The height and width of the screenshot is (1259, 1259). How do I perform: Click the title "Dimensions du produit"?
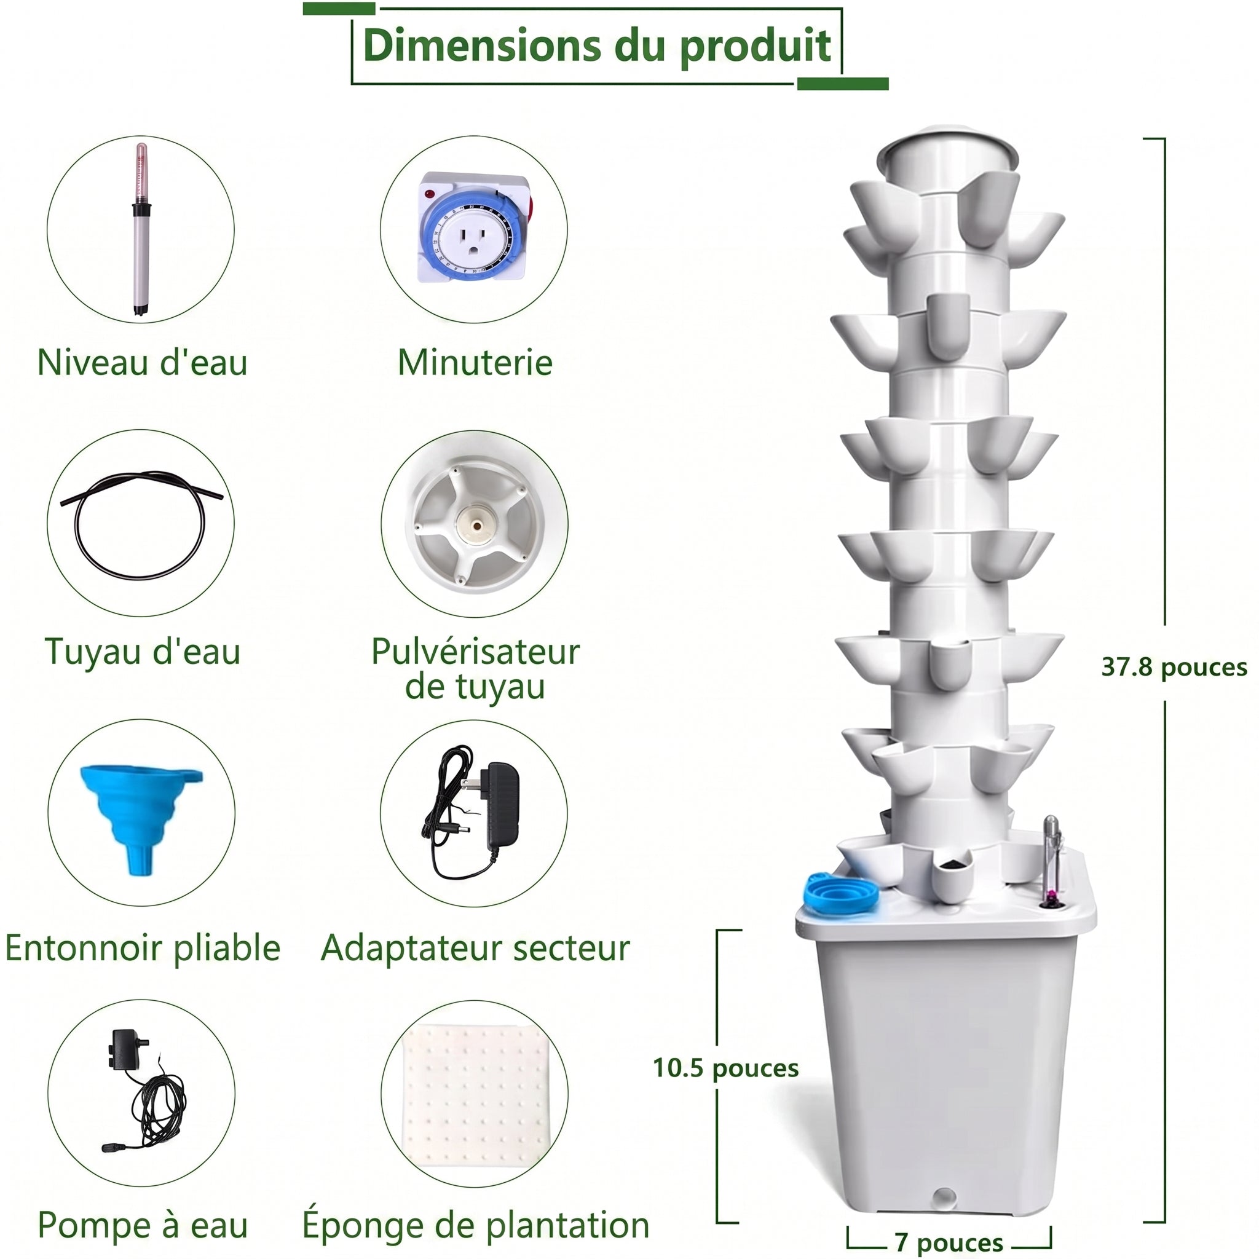(x=596, y=46)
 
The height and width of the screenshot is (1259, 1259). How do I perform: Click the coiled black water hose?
(x=141, y=524)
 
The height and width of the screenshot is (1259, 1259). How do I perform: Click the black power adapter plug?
(x=471, y=813)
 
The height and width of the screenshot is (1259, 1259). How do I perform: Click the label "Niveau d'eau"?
(x=143, y=362)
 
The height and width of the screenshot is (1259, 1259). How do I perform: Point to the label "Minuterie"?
(x=475, y=362)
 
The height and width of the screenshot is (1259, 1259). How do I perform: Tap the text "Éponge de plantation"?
(x=475, y=1225)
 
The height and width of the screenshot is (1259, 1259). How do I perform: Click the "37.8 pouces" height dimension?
(x=1174, y=666)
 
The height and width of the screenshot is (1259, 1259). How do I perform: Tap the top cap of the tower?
(x=947, y=151)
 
